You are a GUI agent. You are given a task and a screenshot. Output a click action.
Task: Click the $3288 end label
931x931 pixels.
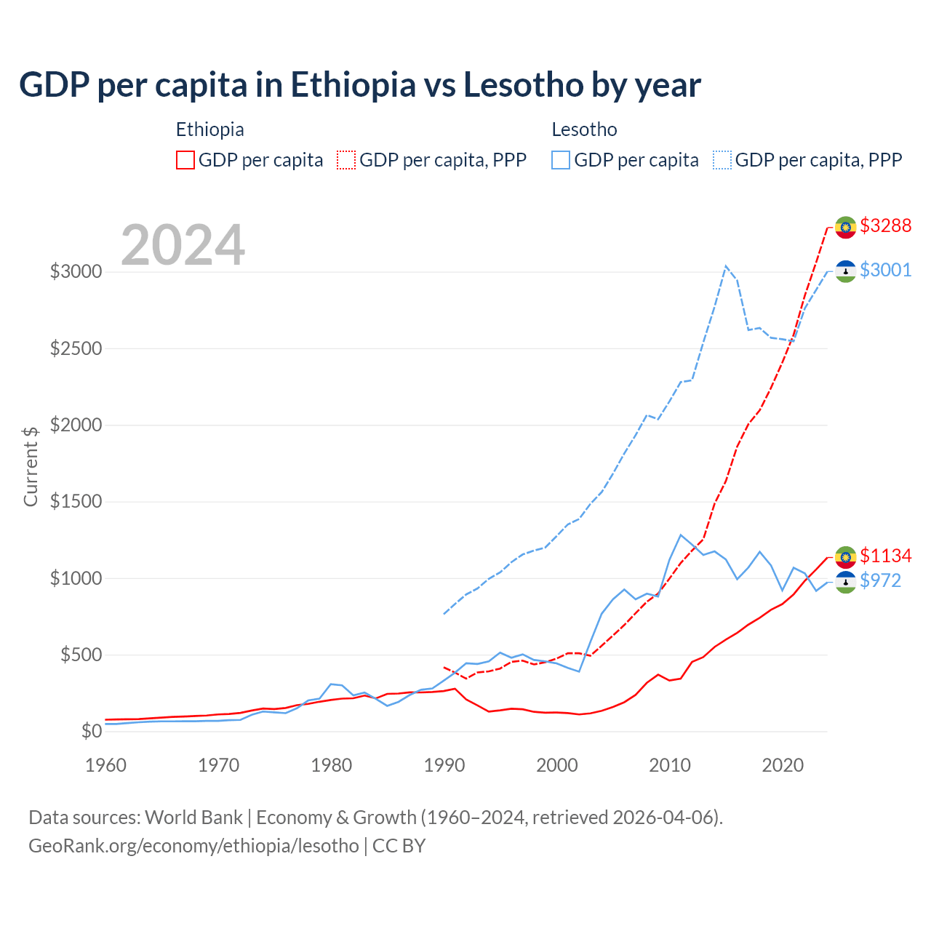click(885, 225)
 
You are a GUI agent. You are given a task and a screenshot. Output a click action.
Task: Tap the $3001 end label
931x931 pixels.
click(885, 270)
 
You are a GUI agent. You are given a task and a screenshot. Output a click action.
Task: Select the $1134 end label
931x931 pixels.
click(885, 556)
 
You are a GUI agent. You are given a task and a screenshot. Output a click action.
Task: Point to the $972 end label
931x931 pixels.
click(880, 580)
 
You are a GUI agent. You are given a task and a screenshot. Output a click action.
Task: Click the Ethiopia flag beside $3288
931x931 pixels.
click(845, 227)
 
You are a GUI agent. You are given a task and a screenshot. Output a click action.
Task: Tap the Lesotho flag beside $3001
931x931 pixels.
click(845, 271)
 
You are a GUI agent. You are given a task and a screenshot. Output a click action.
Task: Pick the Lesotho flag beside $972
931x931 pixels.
click(845, 582)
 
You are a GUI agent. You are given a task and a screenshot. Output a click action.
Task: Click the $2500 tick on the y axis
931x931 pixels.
click(76, 348)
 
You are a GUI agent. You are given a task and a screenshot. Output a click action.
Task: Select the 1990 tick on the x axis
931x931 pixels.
click(444, 765)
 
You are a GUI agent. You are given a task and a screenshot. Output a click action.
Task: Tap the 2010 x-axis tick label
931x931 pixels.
click(670, 765)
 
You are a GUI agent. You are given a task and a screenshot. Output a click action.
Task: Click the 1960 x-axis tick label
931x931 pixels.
click(106, 765)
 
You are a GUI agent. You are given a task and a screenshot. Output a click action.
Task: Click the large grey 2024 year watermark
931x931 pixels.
click(183, 245)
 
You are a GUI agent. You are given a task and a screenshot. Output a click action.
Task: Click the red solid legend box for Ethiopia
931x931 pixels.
click(185, 160)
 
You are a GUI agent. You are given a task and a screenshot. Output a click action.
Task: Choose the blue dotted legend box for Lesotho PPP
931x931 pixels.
click(722, 160)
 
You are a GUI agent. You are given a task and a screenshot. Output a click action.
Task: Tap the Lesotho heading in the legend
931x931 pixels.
click(584, 129)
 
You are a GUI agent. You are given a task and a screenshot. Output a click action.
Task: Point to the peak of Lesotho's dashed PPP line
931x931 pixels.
click(726, 266)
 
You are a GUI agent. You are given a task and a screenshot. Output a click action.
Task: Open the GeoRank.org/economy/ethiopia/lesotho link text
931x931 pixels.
click(193, 846)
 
